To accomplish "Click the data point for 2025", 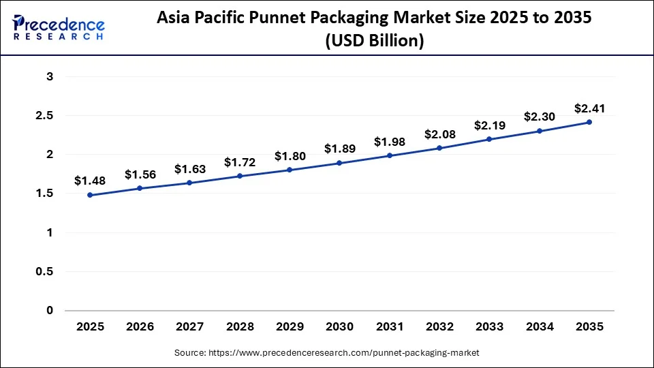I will (90, 195).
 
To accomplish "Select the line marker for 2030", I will (339, 163).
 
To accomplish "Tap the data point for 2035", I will (589, 123).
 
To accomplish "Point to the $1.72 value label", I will (240, 163).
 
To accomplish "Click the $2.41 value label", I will (589, 108).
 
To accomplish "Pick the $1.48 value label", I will (90, 181).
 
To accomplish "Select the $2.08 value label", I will (439, 134).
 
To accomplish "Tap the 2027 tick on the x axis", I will (189, 327).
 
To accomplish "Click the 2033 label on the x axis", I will (489, 327).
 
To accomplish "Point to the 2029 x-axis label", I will (290, 327).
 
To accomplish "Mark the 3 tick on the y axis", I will (50, 77).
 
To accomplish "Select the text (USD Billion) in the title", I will (374, 41).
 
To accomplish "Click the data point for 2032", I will (439, 148).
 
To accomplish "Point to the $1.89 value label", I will (339, 149).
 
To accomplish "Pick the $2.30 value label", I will (540, 117).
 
